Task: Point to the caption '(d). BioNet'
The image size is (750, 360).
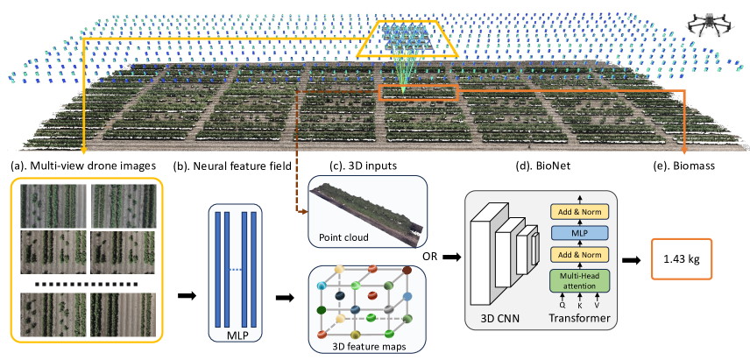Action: pyautogui.click(x=541, y=166)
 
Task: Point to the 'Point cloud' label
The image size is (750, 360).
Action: pyautogui.click(x=343, y=236)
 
